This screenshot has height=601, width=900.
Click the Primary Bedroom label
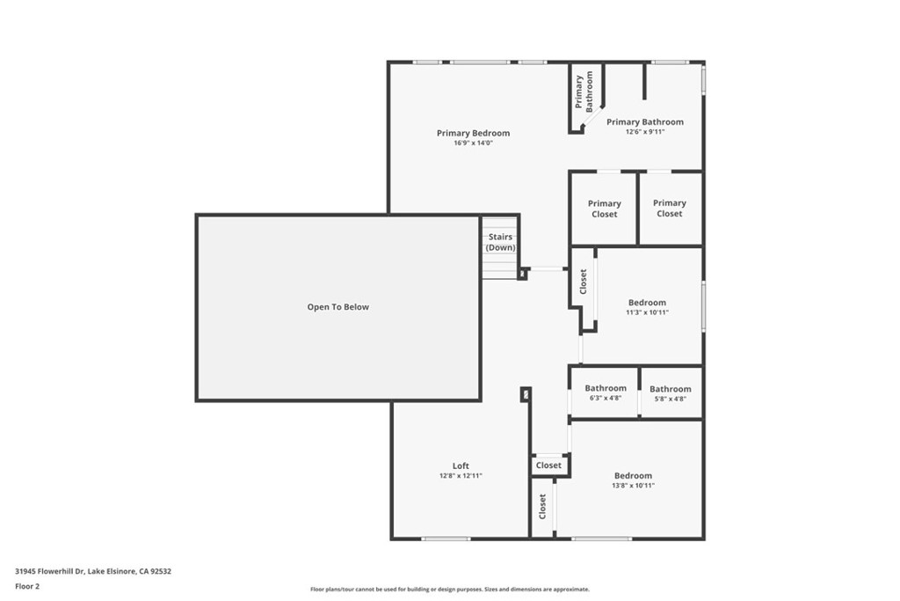pyautogui.click(x=473, y=134)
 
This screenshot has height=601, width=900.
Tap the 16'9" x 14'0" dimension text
pyautogui.click(x=473, y=143)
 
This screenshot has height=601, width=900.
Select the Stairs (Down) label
pyautogui.click(x=500, y=242)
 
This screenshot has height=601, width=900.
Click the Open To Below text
pyautogui.click(x=337, y=307)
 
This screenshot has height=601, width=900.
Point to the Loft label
pyautogui.click(x=461, y=466)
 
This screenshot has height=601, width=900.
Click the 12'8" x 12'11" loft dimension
pyautogui.click(x=461, y=476)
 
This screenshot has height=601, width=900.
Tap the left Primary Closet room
pyautogui.click(x=604, y=209)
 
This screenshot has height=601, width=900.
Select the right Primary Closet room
pyautogui.click(x=669, y=208)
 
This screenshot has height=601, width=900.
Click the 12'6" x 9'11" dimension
pyautogui.click(x=644, y=132)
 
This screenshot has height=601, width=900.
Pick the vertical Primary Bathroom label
pyautogui.click(x=584, y=92)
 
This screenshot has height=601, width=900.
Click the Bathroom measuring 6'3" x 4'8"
pyautogui.click(x=605, y=392)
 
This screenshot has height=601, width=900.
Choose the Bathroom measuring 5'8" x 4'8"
pyautogui.click(x=670, y=393)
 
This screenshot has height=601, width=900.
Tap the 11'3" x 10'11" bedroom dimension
pyautogui.click(x=647, y=312)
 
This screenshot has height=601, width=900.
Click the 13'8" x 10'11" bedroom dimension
pyautogui.click(x=633, y=486)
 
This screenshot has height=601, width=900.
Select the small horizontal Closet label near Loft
pyautogui.click(x=548, y=465)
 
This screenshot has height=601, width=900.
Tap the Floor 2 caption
pyautogui.click(x=28, y=585)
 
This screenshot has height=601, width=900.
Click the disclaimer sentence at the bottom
pyautogui.click(x=449, y=590)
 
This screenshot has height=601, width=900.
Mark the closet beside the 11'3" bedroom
pyautogui.click(x=583, y=282)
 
